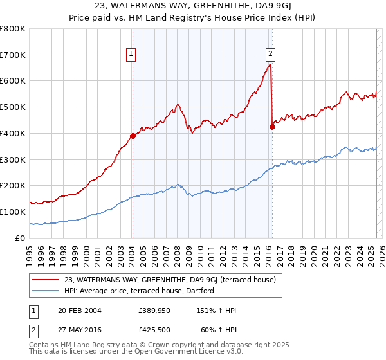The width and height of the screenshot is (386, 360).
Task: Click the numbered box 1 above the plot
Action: [131, 54]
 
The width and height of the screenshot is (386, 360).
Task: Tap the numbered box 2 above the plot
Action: [270, 54]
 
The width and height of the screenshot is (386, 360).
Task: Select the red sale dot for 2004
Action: [133, 136]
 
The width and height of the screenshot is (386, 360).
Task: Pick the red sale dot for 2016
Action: [272, 127]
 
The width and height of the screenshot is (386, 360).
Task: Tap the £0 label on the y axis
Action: [20, 238]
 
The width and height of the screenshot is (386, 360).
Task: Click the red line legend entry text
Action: [170, 280]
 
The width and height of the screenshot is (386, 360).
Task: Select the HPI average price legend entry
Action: [139, 291]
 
